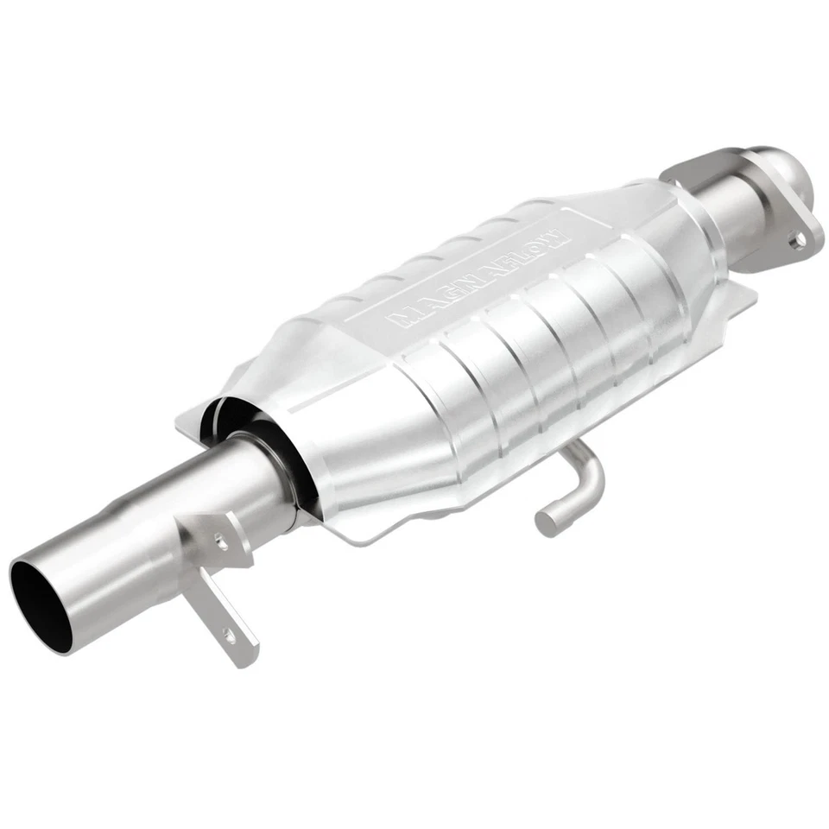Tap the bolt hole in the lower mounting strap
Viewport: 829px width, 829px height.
[228, 636]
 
